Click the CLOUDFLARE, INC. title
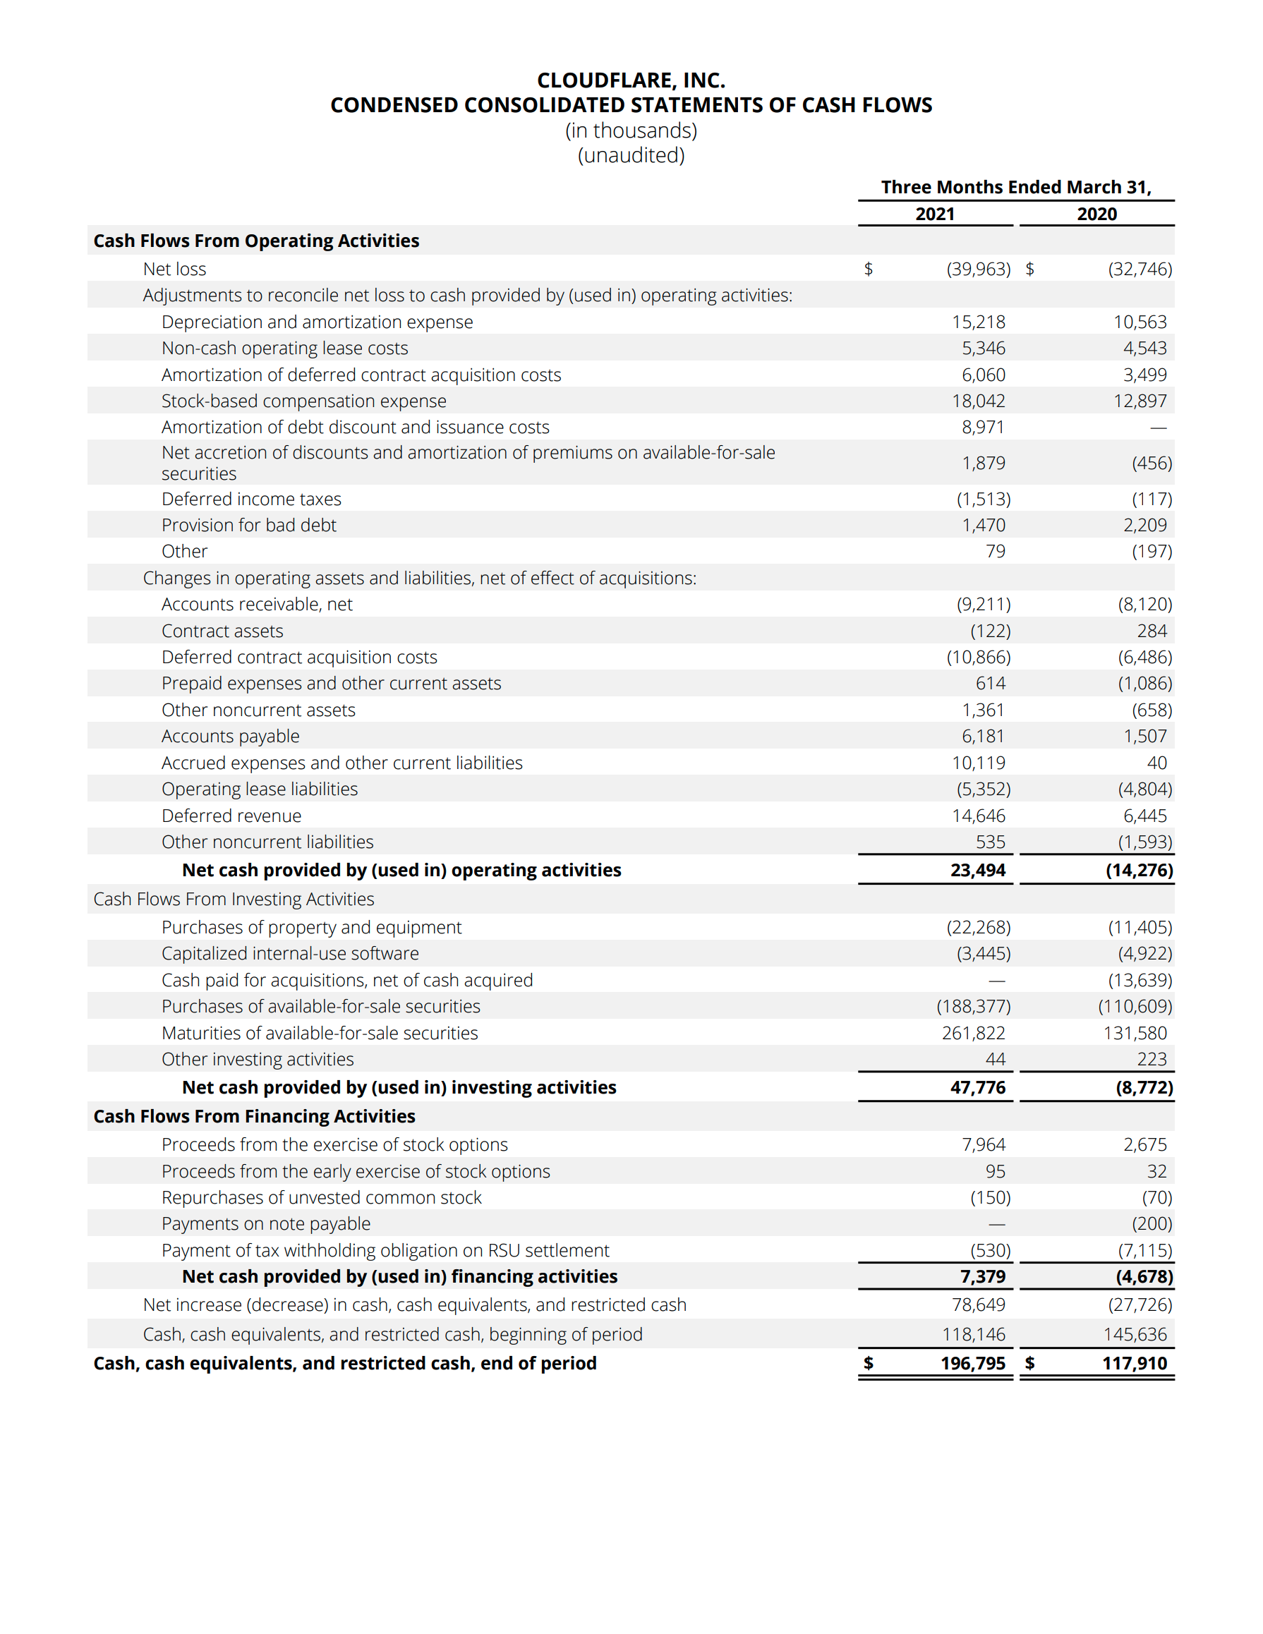[631, 80]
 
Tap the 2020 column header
[1096, 214]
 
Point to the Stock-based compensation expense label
[304, 401]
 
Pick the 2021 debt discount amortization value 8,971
[982, 428]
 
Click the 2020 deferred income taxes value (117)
[1151, 499]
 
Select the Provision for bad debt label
[248, 525]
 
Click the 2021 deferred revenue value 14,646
[978, 816]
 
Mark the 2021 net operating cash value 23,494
[977, 870]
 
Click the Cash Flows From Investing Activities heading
[234, 899]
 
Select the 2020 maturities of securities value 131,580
[1135, 1033]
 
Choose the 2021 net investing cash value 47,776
[977, 1087]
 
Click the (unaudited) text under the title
[631, 156]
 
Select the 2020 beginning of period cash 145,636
[1135, 1334]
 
